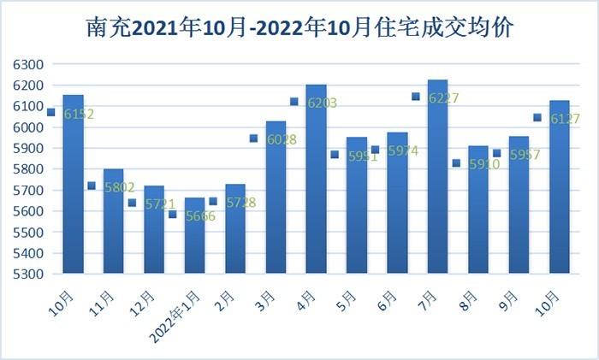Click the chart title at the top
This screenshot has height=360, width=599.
coord(299,27)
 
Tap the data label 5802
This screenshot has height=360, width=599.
coord(118,187)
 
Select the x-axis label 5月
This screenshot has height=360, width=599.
coord(349,301)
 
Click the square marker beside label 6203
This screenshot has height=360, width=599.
coord(294,102)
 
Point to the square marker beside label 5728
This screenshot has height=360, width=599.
coord(213,202)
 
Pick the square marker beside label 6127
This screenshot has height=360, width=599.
coord(537,118)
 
